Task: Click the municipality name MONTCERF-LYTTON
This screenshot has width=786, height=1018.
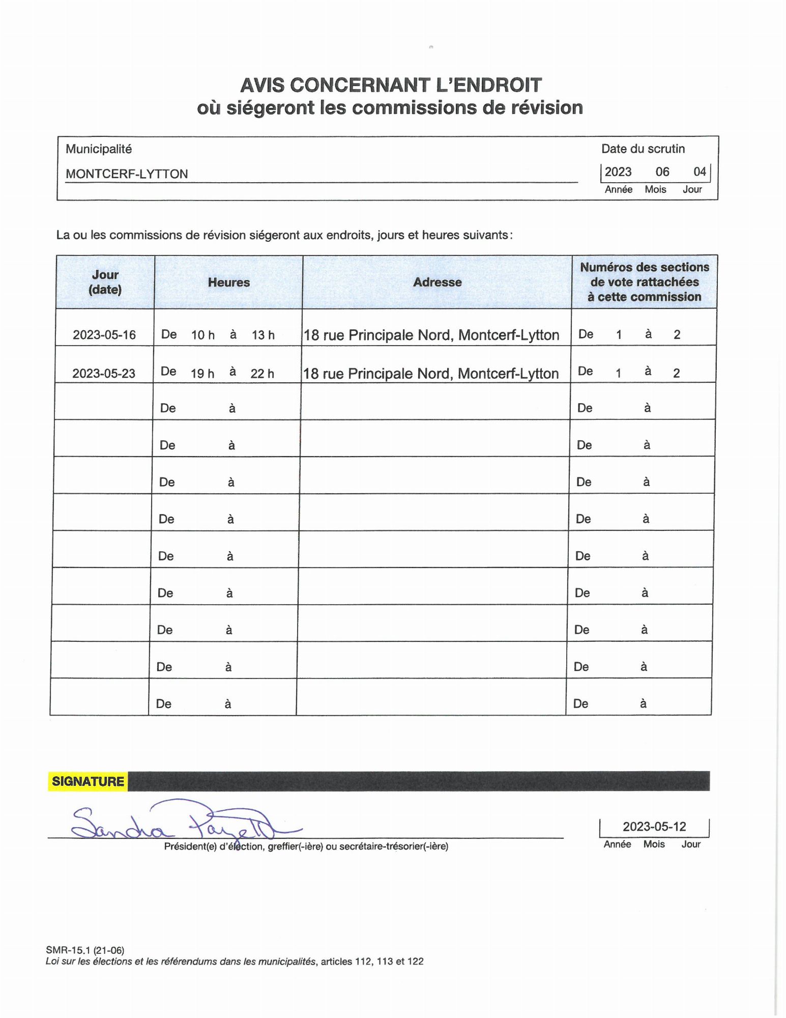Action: (127, 174)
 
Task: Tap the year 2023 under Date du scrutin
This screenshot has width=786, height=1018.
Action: (618, 172)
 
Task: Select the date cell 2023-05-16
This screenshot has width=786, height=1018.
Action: (104, 335)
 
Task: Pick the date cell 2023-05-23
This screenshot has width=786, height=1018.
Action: (104, 374)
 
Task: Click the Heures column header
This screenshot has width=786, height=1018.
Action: (229, 282)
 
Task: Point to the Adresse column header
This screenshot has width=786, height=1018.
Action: (437, 282)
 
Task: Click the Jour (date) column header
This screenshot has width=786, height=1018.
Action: (105, 282)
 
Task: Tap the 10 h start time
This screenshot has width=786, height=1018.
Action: (202, 335)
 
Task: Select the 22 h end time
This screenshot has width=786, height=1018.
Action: (262, 374)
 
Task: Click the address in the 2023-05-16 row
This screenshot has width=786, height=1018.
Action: (431, 335)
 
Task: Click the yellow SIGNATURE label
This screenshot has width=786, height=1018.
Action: (88, 781)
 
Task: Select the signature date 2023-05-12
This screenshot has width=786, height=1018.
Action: (654, 826)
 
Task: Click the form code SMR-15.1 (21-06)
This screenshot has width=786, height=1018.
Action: (85, 950)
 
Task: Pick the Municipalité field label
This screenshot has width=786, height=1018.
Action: (99, 149)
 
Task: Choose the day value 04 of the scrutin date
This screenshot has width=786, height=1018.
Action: (700, 172)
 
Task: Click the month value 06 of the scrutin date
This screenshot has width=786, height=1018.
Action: (662, 172)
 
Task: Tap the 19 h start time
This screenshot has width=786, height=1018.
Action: (202, 374)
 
